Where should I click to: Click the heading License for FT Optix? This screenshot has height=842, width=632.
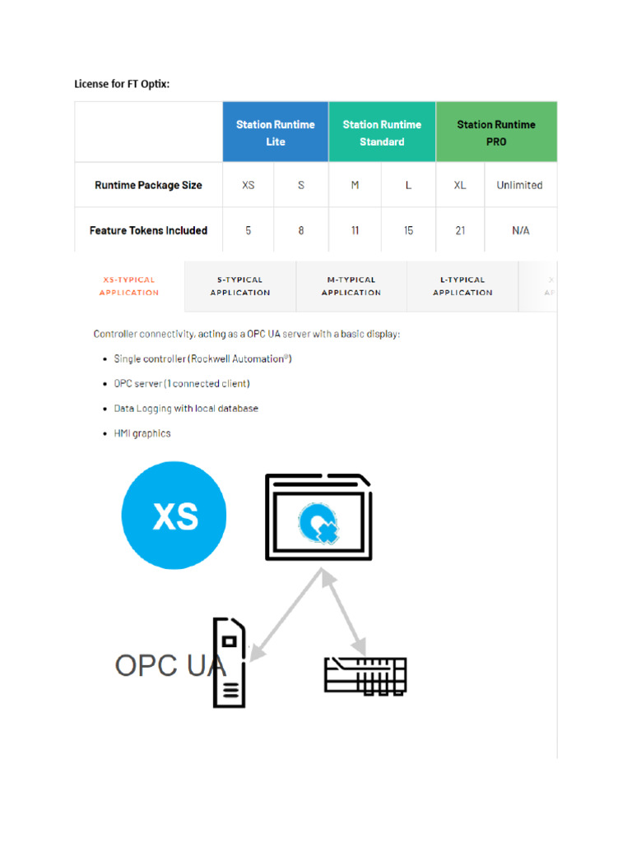122,84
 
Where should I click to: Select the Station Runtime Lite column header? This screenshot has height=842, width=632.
275,132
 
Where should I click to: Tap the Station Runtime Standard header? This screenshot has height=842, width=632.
382,132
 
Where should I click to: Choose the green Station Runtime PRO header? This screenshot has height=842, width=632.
496,132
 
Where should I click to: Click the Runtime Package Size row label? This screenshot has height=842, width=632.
148,185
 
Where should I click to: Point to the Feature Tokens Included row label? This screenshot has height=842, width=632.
148,230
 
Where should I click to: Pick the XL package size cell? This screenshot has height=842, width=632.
460,185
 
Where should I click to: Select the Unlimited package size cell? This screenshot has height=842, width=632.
519,185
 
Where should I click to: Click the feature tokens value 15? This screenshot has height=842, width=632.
408,230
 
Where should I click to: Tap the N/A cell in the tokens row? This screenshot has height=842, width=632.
520,230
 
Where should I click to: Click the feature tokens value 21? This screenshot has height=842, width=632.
460,230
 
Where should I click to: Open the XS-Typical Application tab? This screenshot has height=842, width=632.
129,286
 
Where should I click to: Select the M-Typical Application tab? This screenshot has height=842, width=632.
351,286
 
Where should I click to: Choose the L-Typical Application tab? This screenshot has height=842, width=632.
462,286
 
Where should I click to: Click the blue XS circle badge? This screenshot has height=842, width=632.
174,516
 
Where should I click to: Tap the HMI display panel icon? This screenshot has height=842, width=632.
318,518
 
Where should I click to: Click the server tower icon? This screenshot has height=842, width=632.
230,663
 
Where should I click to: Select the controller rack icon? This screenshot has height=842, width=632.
365,674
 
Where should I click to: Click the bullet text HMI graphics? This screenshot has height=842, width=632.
142,433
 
